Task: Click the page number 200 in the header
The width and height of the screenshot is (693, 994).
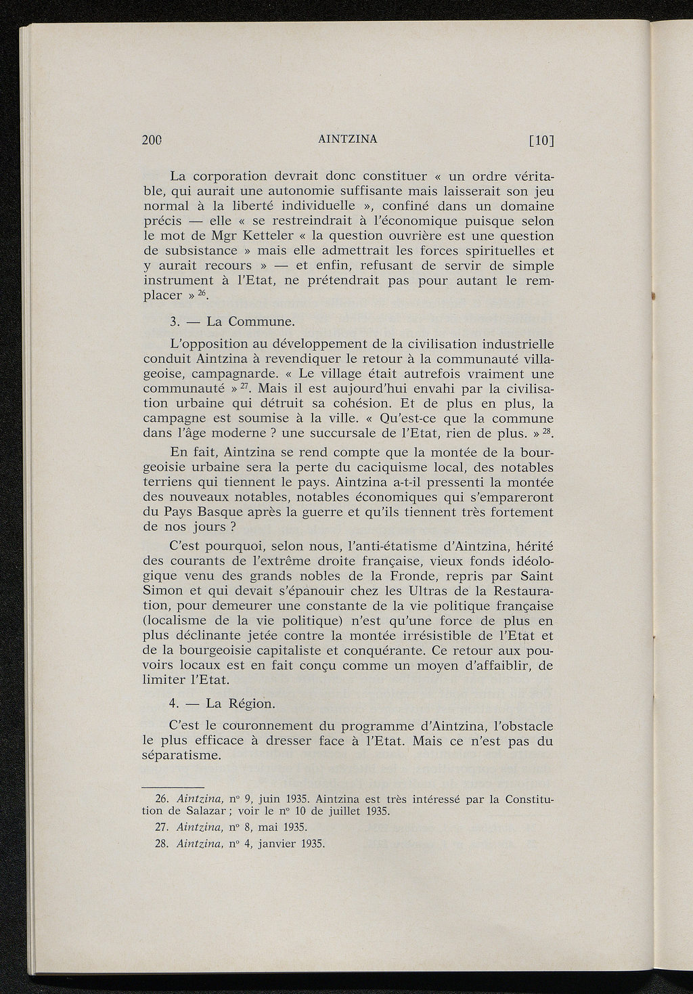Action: pyautogui.click(x=154, y=141)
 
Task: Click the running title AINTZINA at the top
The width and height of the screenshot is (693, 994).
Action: pyautogui.click(x=346, y=139)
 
